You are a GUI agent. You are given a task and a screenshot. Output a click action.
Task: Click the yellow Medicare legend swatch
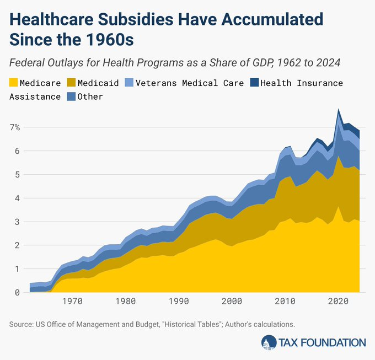pos(14,83)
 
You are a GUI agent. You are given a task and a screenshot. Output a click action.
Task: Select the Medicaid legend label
pos(98,83)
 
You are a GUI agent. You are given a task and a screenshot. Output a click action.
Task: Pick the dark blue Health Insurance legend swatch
pos(254,83)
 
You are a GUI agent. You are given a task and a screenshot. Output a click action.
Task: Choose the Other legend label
pos(90,96)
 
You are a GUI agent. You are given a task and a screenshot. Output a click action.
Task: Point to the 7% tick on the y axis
pos(14,127)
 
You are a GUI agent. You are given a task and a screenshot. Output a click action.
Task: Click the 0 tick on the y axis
pos(18,293)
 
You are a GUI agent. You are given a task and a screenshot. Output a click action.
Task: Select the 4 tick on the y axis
pos(18,198)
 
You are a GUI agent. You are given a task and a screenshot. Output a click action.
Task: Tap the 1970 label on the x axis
pos(72,302)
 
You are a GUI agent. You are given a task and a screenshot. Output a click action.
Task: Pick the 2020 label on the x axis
pos(338,302)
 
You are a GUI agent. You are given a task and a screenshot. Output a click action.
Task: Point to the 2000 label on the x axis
pos(232,302)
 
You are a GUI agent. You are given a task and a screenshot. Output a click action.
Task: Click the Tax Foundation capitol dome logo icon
pos(269,342)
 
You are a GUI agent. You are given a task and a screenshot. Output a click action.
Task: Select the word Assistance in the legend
pos(35,96)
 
